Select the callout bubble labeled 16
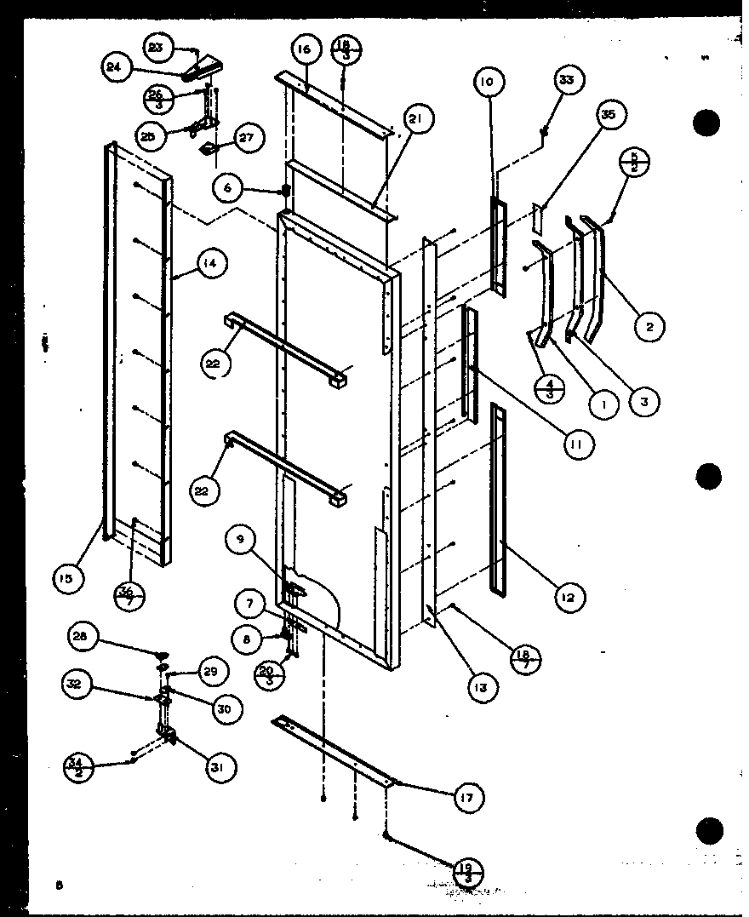point(305,50)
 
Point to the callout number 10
point(486,83)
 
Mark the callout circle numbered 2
point(649,324)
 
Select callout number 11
point(576,444)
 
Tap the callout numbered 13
point(482,687)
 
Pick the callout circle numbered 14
point(210,264)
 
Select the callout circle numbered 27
point(248,138)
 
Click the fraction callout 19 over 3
point(467,871)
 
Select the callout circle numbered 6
point(229,188)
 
